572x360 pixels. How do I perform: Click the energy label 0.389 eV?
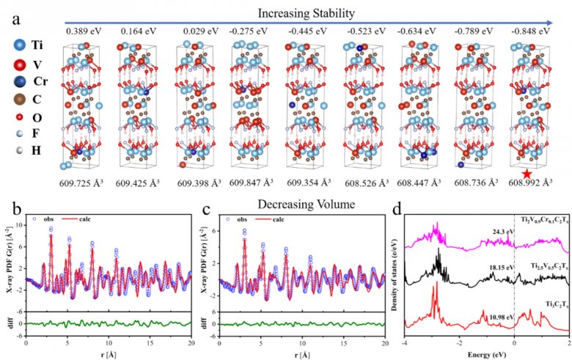(x=82, y=31)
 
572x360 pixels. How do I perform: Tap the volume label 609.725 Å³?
(x=88, y=182)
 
